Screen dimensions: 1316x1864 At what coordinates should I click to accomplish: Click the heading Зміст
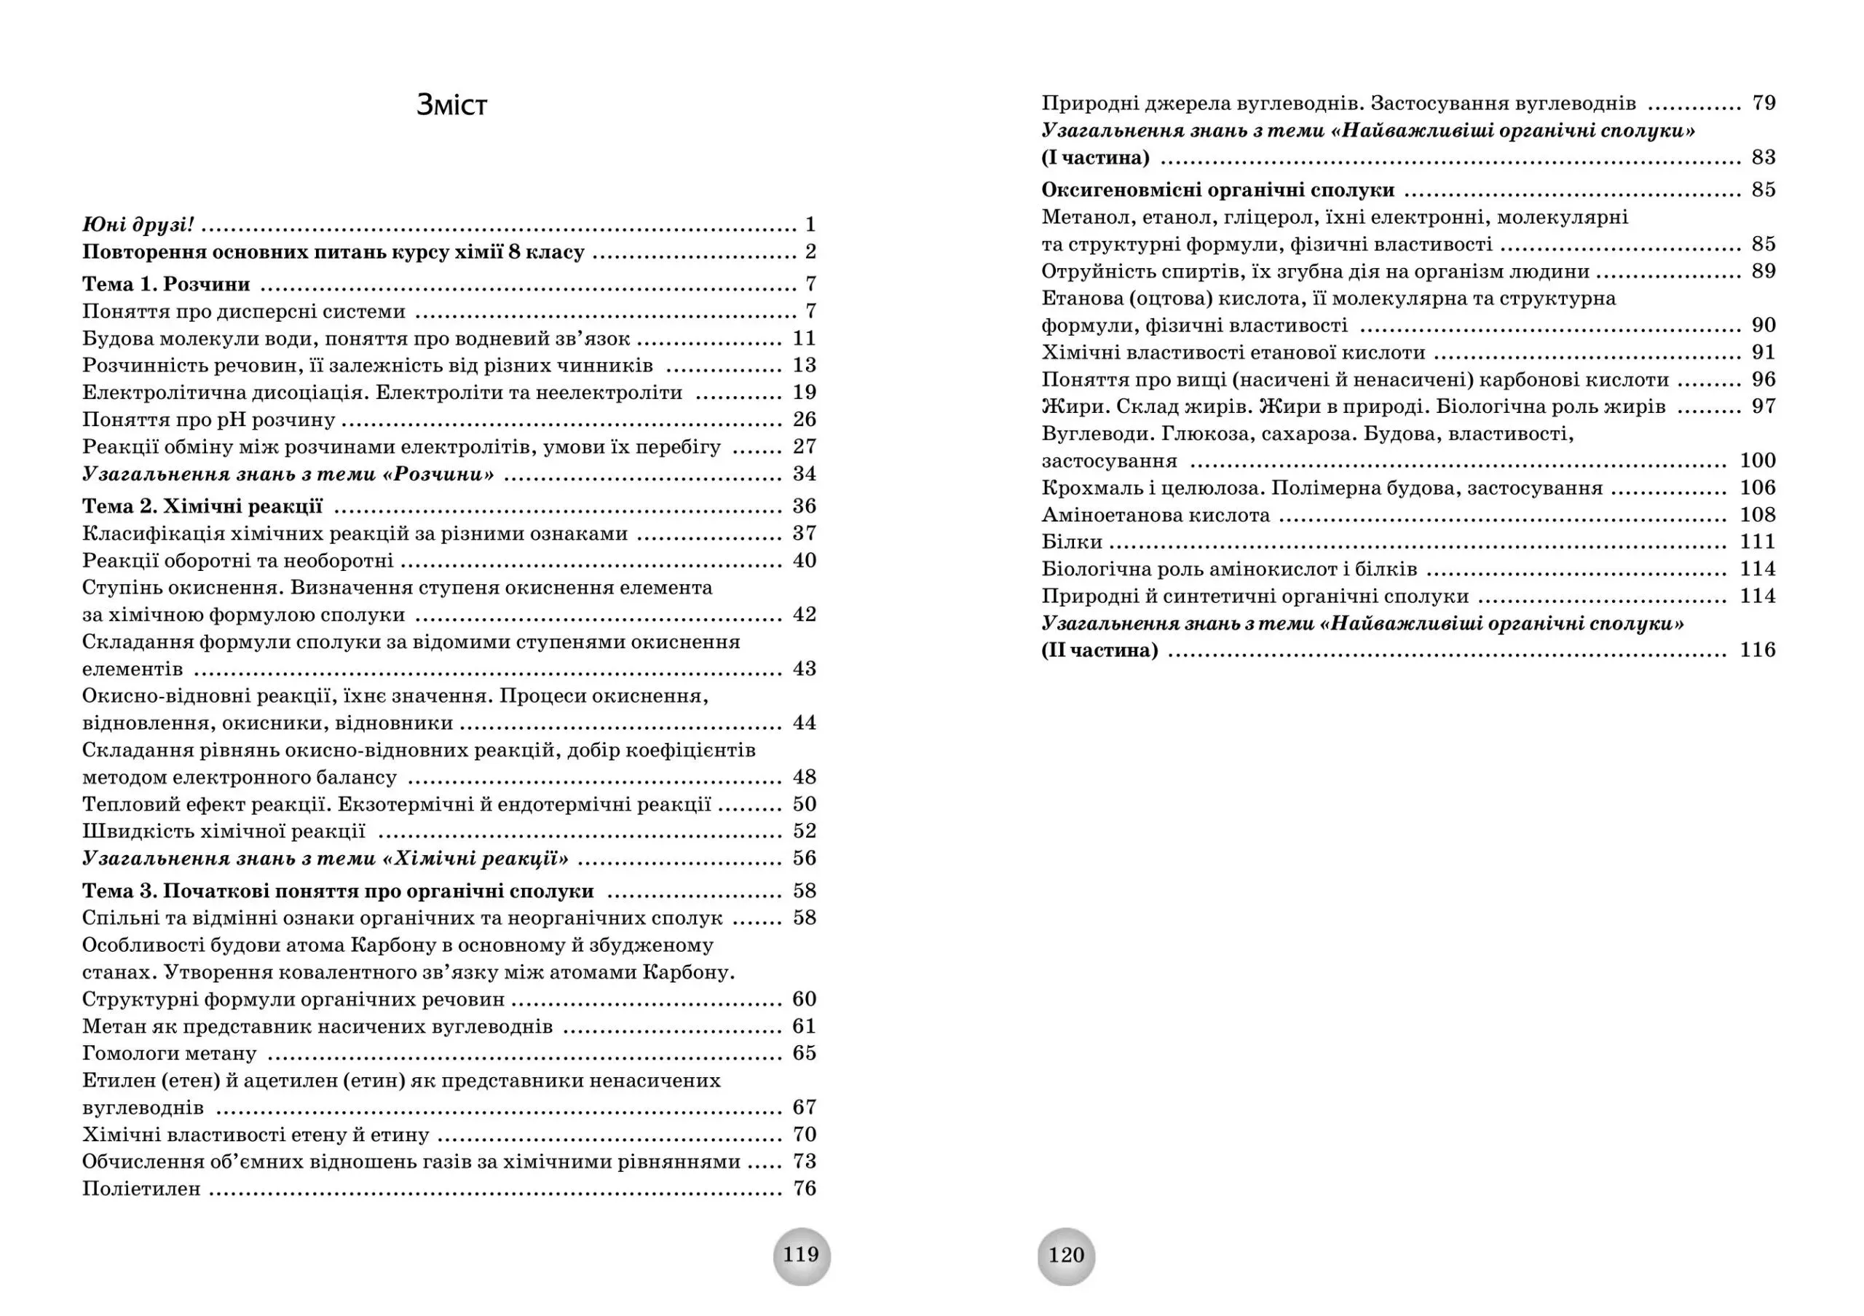click(x=451, y=106)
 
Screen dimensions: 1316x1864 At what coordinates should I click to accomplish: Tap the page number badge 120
click(x=1066, y=1256)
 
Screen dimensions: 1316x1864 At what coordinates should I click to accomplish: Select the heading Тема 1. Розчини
click(x=167, y=284)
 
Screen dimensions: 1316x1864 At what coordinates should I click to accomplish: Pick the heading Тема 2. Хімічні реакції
click(x=202, y=507)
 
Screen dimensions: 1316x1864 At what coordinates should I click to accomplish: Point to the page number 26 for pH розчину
click(x=804, y=419)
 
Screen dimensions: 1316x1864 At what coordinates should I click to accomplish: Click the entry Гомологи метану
click(x=170, y=1054)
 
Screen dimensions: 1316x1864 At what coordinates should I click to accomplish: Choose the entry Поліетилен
click(x=141, y=1189)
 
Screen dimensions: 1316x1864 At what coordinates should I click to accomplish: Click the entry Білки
click(x=1072, y=543)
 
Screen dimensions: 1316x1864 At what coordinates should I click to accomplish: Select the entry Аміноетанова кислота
click(x=1156, y=516)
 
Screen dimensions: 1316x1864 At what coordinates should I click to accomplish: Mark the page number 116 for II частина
click(x=1758, y=650)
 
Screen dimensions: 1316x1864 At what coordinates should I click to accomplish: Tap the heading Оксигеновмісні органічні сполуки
click(x=1217, y=191)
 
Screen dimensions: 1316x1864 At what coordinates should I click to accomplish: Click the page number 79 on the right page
click(x=1764, y=103)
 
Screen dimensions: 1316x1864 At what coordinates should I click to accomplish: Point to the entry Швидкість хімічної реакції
click(x=224, y=831)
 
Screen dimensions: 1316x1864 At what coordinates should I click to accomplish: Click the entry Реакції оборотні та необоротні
click(x=238, y=561)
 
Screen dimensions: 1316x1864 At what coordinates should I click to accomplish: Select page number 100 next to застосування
click(x=1758, y=461)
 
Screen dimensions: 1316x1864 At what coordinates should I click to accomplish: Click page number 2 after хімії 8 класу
click(x=810, y=252)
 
